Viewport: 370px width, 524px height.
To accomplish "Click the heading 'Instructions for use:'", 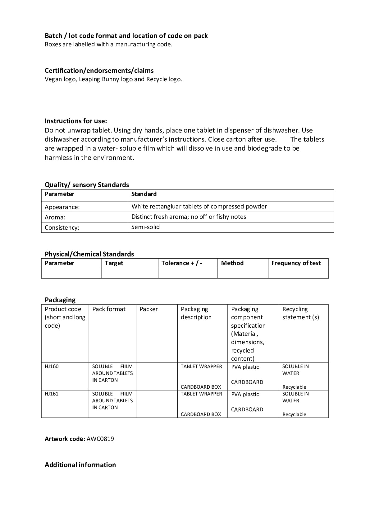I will (x=76, y=121).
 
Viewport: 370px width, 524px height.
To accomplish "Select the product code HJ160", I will (x=52, y=366).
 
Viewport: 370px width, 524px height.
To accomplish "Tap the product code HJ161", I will (x=52, y=394).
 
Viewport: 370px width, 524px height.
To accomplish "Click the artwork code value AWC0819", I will (x=100, y=439).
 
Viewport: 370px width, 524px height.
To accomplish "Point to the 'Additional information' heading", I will (x=80, y=465).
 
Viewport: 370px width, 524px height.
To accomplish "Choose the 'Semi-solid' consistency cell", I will (x=145, y=227).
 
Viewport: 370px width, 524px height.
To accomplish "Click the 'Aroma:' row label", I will (x=55, y=217).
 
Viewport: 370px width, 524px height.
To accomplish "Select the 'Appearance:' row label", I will (x=62, y=207).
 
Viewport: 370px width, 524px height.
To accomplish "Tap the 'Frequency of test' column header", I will (x=296, y=263).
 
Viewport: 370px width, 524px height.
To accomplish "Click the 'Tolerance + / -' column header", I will (x=182, y=263).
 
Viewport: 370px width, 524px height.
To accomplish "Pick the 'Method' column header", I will (x=232, y=263).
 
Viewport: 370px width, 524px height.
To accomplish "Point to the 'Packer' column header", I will (x=148, y=309).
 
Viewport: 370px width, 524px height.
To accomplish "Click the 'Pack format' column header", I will (x=109, y=309).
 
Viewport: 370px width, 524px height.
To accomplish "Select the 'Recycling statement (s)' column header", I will (x=300, y=313).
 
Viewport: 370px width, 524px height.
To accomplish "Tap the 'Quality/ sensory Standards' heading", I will (x=87, y=185).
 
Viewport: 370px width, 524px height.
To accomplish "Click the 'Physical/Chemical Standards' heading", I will (x=89, y=254).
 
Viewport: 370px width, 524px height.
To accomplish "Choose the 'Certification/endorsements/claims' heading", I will (x=99, y=70).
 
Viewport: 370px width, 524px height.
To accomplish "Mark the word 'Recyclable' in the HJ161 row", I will (x=294, y=414).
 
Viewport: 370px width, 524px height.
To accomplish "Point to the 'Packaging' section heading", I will (x=60, y=300).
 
